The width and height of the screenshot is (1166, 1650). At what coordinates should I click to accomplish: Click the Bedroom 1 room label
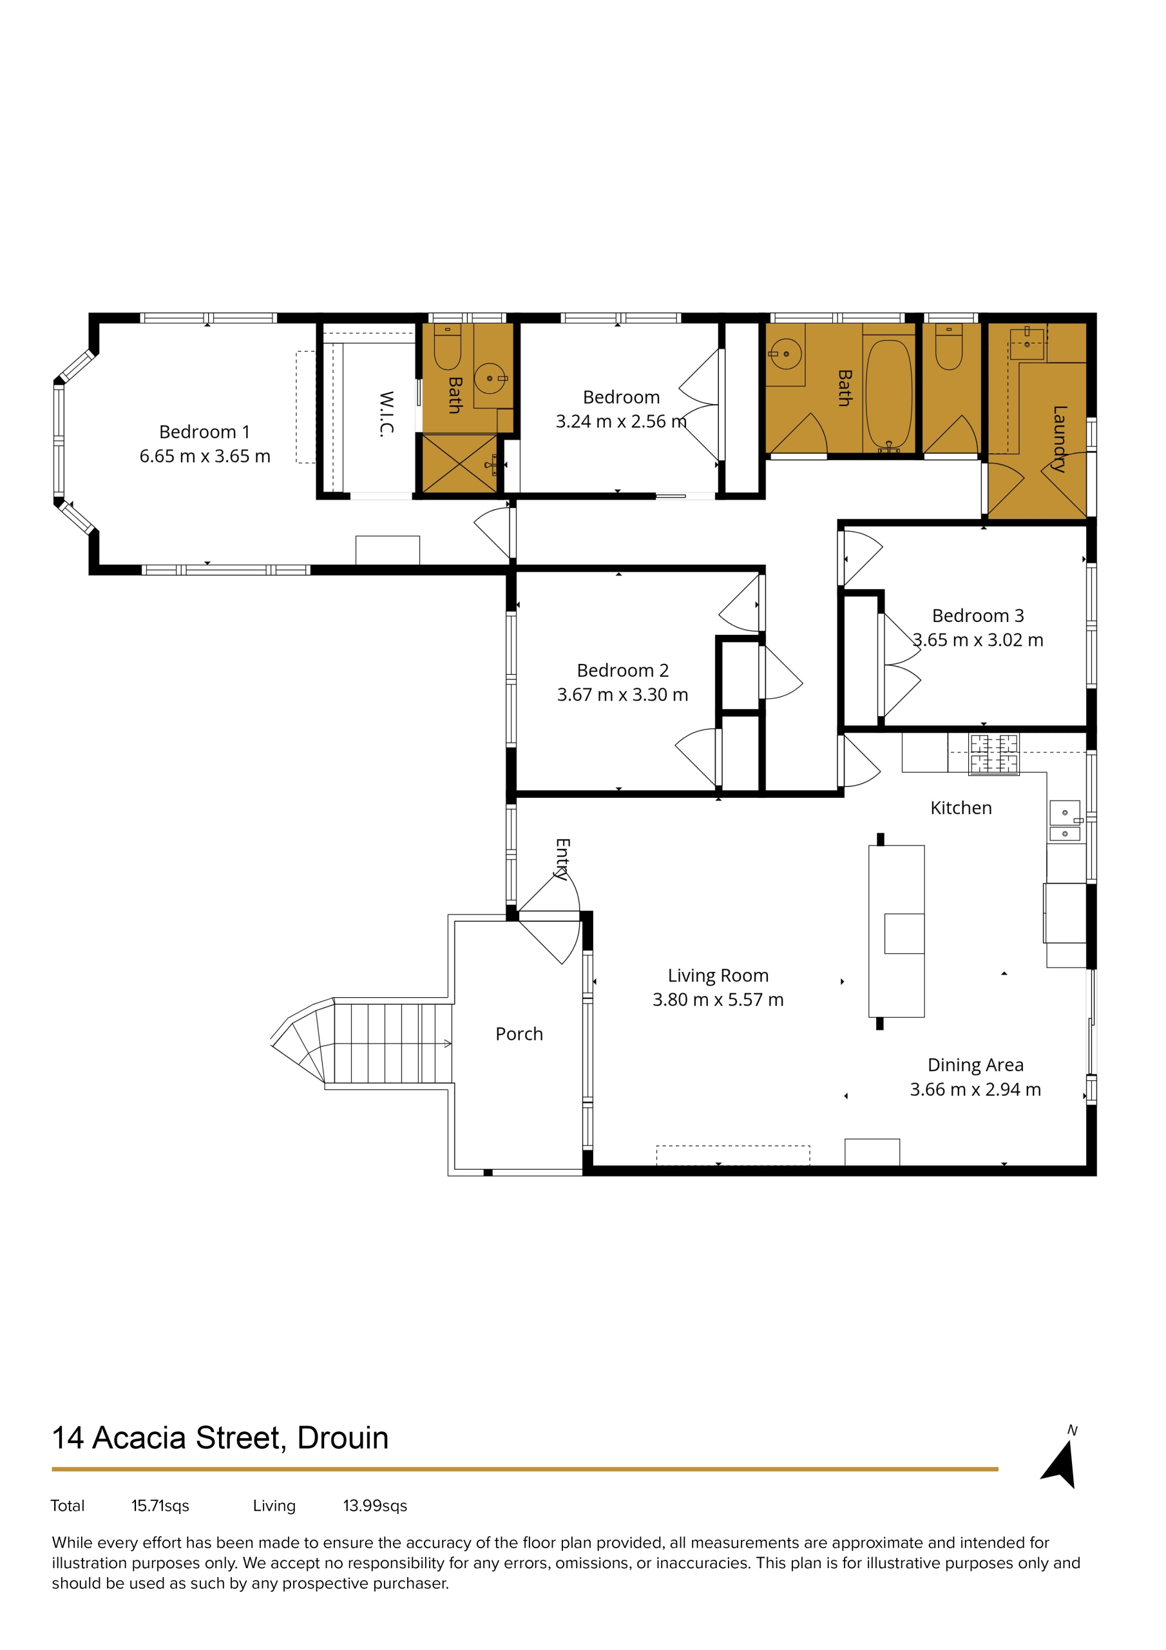(x=204, y=432)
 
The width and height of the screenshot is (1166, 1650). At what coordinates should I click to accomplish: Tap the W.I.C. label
(x=387, y=414)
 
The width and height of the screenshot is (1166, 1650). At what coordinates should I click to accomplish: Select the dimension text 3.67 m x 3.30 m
(x=622, y=695)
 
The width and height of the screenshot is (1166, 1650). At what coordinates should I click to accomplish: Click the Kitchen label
(x=961, y=808)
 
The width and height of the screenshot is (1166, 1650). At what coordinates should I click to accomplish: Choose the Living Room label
(x=718, y=975)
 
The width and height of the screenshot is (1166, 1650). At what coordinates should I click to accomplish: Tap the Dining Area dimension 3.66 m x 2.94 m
(x=975, y=1089)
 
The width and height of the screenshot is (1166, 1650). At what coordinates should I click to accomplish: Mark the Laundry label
(x=1059, y=439)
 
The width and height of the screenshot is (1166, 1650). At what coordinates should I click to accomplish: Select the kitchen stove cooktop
(x=993, y=754)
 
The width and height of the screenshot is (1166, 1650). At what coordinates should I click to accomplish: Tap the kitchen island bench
(x=896, y=931)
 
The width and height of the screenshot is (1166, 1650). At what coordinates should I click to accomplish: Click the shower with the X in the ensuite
(x=459, y=463)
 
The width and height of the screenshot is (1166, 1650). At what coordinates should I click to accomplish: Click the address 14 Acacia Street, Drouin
(x=220, y=1438)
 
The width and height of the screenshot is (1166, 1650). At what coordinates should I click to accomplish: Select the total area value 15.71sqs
(x=160, y=1506)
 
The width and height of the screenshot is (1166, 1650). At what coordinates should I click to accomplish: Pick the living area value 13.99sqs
(x=375, y=1506)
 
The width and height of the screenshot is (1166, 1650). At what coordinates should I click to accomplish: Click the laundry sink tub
(x=1027, y=344)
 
